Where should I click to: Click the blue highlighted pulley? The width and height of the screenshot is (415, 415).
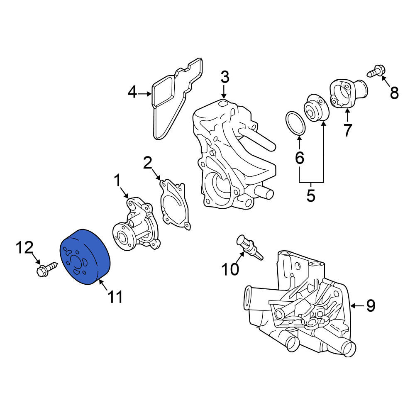tap(85, 257)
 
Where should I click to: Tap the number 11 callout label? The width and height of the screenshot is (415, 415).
tap(115, 297)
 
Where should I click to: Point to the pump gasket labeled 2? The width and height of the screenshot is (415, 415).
tap(175, 204)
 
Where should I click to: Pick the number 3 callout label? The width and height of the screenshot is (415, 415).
tap(225, 78)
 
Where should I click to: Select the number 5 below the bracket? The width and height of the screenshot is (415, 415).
tap(311, 196)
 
